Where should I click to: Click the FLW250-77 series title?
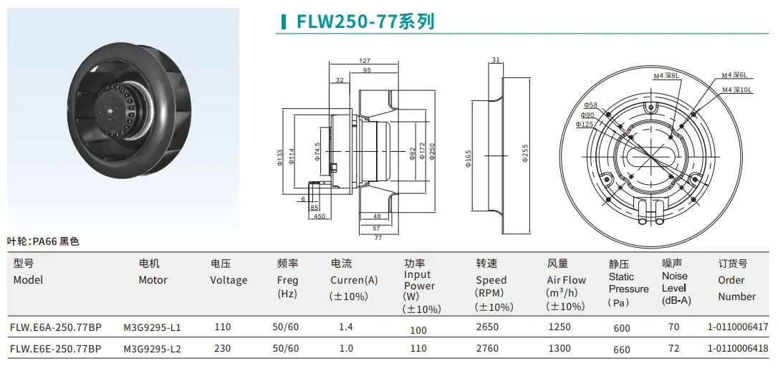coord(365,21)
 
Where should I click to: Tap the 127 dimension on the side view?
coord(364,61)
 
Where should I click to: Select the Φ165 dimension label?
coord(467,158)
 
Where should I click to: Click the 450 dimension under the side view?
coord(319,216)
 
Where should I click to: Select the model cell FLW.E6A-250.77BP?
coord(56,328)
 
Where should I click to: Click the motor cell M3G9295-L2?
coord(152,349)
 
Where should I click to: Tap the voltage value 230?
coord(223,349)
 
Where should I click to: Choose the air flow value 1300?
coord(559,349)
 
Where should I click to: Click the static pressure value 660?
coord(622,350)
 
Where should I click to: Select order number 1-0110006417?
coord(737,328)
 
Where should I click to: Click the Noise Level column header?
coord(676,282)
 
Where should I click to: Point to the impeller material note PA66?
coord(43,241)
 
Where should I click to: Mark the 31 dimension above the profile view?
coord(496,60)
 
